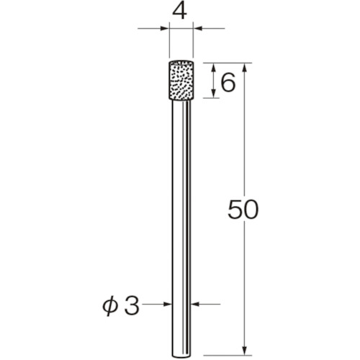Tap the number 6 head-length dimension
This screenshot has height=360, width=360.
(x=228, y=83)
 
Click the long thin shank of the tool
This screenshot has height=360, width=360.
(x=181, y=216)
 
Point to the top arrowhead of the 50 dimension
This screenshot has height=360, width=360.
(x=247, y=67)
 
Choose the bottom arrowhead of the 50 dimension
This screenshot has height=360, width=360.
(x=247, y=345)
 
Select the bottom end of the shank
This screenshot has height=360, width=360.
(x=181, y=346)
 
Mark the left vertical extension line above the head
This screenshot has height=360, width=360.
(x=170, y=40)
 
